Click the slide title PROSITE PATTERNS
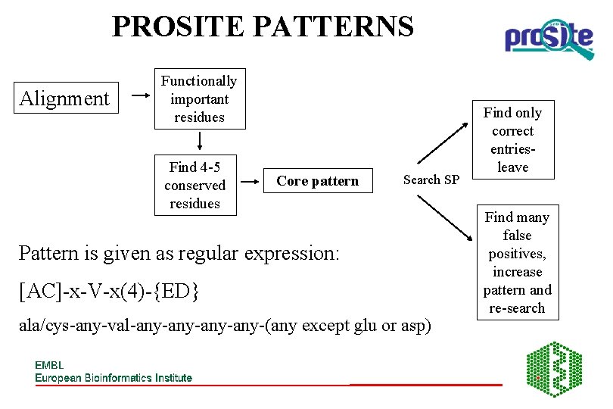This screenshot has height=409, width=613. click(263, 27)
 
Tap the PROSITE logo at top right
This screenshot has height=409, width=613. click(549, 38)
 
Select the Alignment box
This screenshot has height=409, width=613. click(64, 98)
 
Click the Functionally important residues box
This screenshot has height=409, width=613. click(199, 99)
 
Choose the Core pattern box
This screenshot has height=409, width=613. click(318, 181)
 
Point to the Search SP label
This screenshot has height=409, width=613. click(431, 180)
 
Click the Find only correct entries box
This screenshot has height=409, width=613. click(512, 139)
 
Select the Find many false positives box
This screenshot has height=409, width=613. click(517, 262)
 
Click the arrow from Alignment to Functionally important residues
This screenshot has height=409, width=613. click(141, 96)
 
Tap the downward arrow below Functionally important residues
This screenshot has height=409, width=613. click(201, 141)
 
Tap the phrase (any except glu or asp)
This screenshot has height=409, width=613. click(366, 326)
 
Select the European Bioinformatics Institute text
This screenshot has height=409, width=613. click(114, 377)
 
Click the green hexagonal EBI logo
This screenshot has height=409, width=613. click(554, 369)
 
